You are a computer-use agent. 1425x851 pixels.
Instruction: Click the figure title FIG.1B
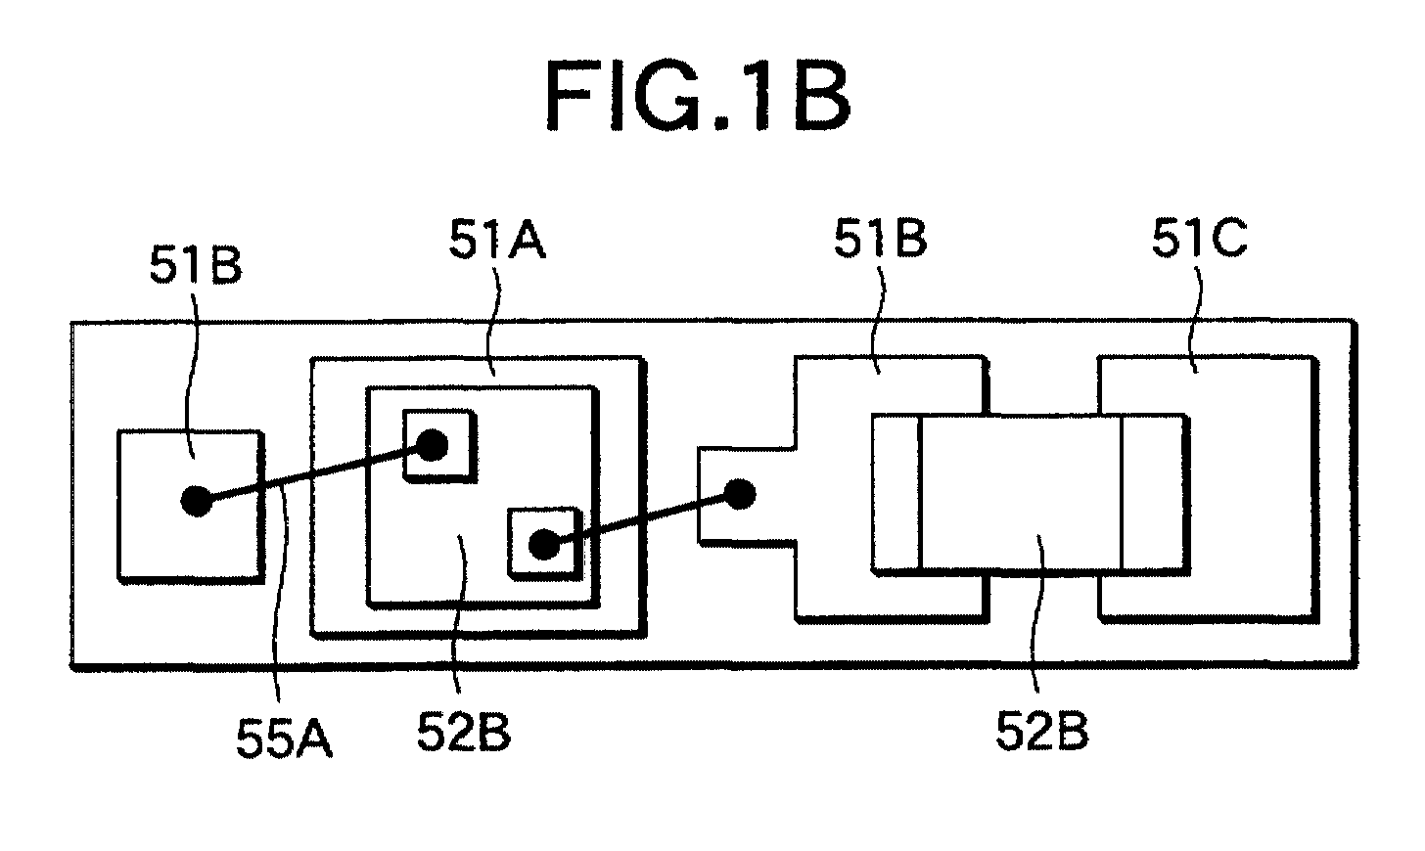698,98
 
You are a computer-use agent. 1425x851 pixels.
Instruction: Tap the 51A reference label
497,240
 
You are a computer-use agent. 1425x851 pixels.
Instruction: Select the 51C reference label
1200,239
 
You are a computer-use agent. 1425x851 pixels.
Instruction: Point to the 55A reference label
284,738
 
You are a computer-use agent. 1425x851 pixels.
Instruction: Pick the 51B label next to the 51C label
881,239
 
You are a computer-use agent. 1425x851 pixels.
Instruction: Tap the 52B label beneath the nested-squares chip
464,732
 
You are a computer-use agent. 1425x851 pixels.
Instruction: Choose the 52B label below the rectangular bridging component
1042,732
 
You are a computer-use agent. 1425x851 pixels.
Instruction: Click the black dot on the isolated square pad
196,501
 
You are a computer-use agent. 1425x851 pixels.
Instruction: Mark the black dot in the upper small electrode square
433,445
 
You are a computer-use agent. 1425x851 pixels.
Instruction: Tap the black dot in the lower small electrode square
544,545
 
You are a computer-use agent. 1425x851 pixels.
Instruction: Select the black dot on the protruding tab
740,494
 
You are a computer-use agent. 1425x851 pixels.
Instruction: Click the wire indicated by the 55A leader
314,473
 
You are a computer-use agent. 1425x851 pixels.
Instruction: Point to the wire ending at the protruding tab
642,519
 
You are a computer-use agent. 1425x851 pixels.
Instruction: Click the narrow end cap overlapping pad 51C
1153,494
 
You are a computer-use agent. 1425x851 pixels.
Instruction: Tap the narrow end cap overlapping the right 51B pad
896,492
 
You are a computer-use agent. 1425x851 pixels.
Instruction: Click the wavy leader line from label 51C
1197,318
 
